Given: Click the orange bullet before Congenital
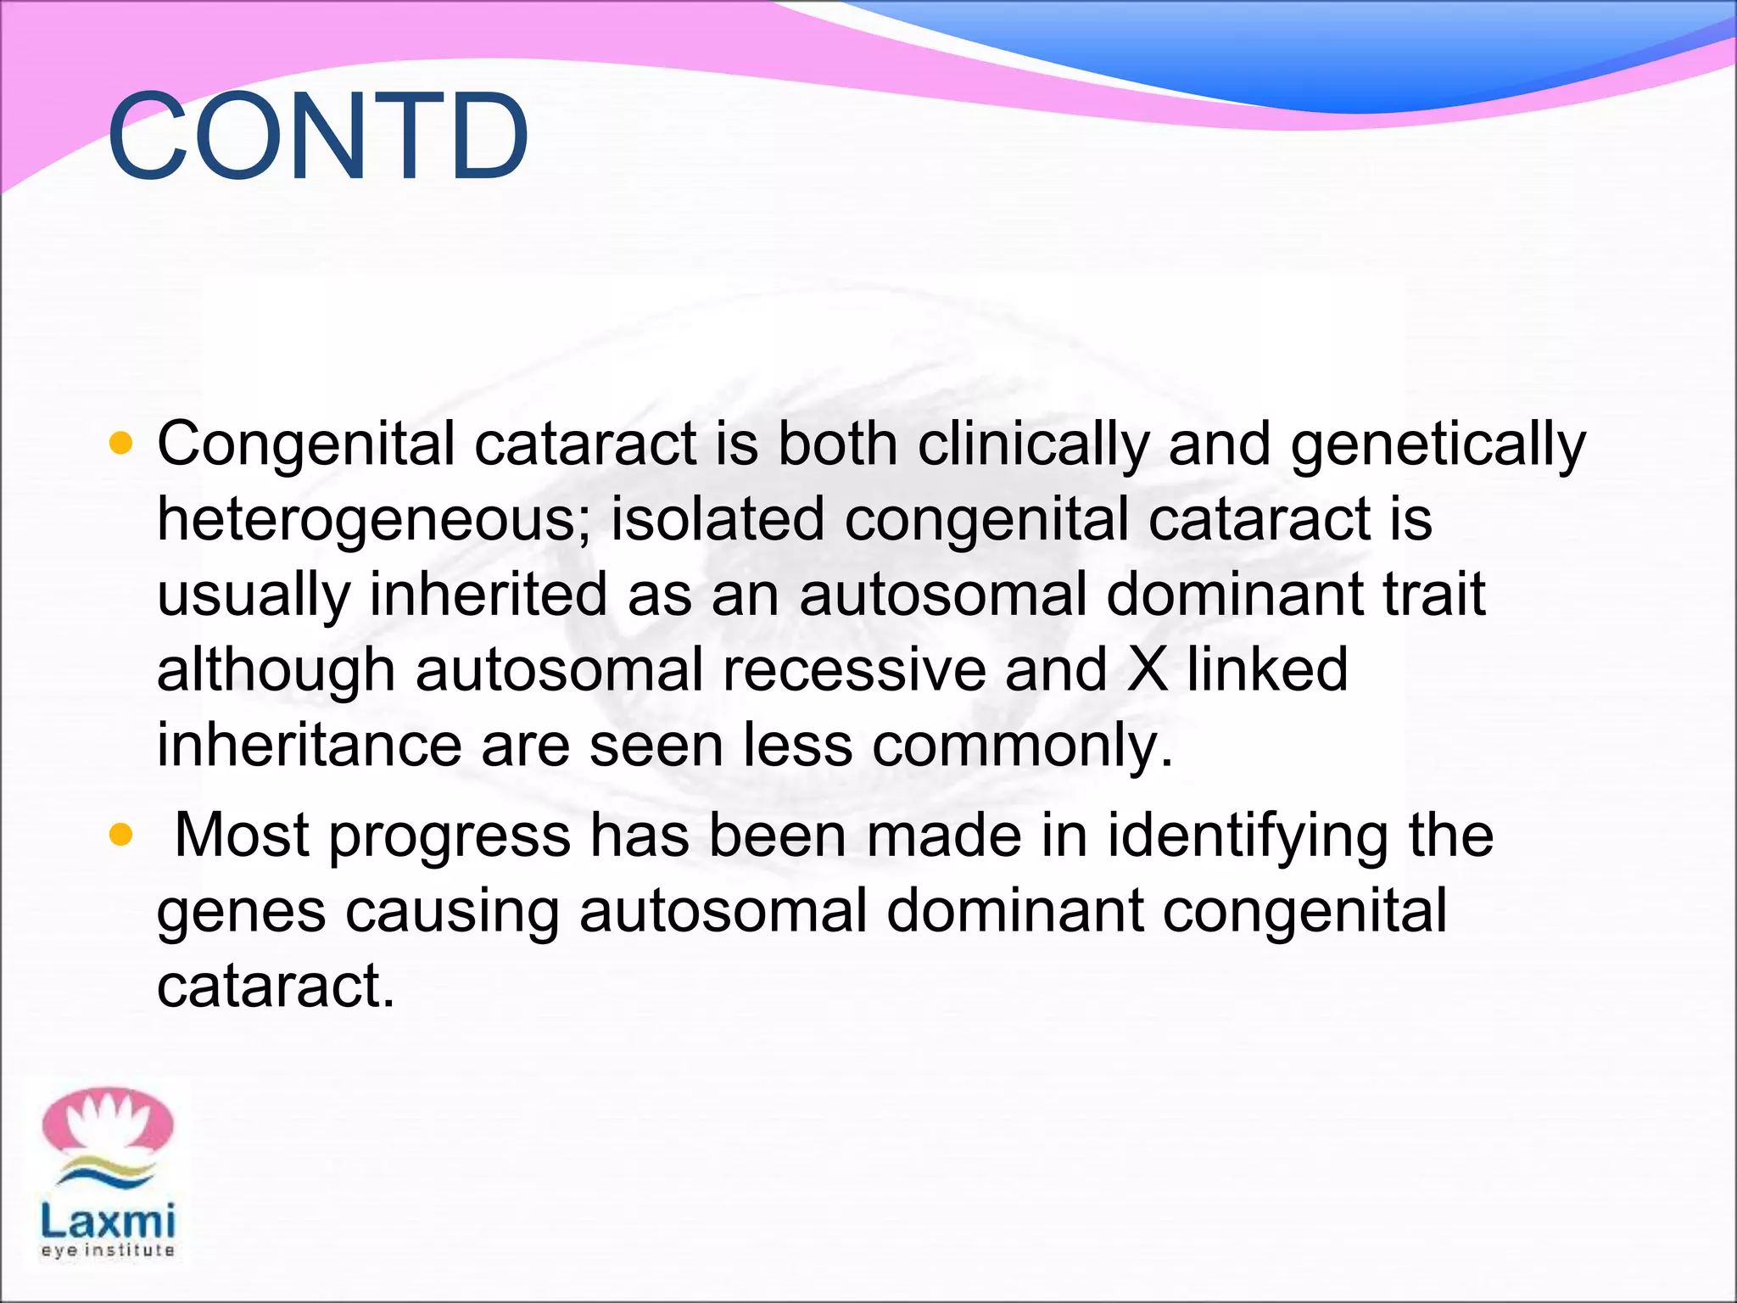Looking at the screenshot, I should tap(122, 443).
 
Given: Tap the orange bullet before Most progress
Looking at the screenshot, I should tap(122, 835).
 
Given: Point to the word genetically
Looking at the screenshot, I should tap(1437, 445).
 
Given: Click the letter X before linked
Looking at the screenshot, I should tap(1148, 670).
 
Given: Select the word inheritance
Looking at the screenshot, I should tap(309, 745).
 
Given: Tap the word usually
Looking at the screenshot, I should tap(254, 596).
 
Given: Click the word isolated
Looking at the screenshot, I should tap(718, 519).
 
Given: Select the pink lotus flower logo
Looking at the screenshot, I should tap(108, 1124).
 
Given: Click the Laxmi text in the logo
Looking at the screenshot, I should tap(108, 1222).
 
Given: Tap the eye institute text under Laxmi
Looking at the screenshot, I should tap(108, 1250).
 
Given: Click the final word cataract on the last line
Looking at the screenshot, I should tap(275, 986).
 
